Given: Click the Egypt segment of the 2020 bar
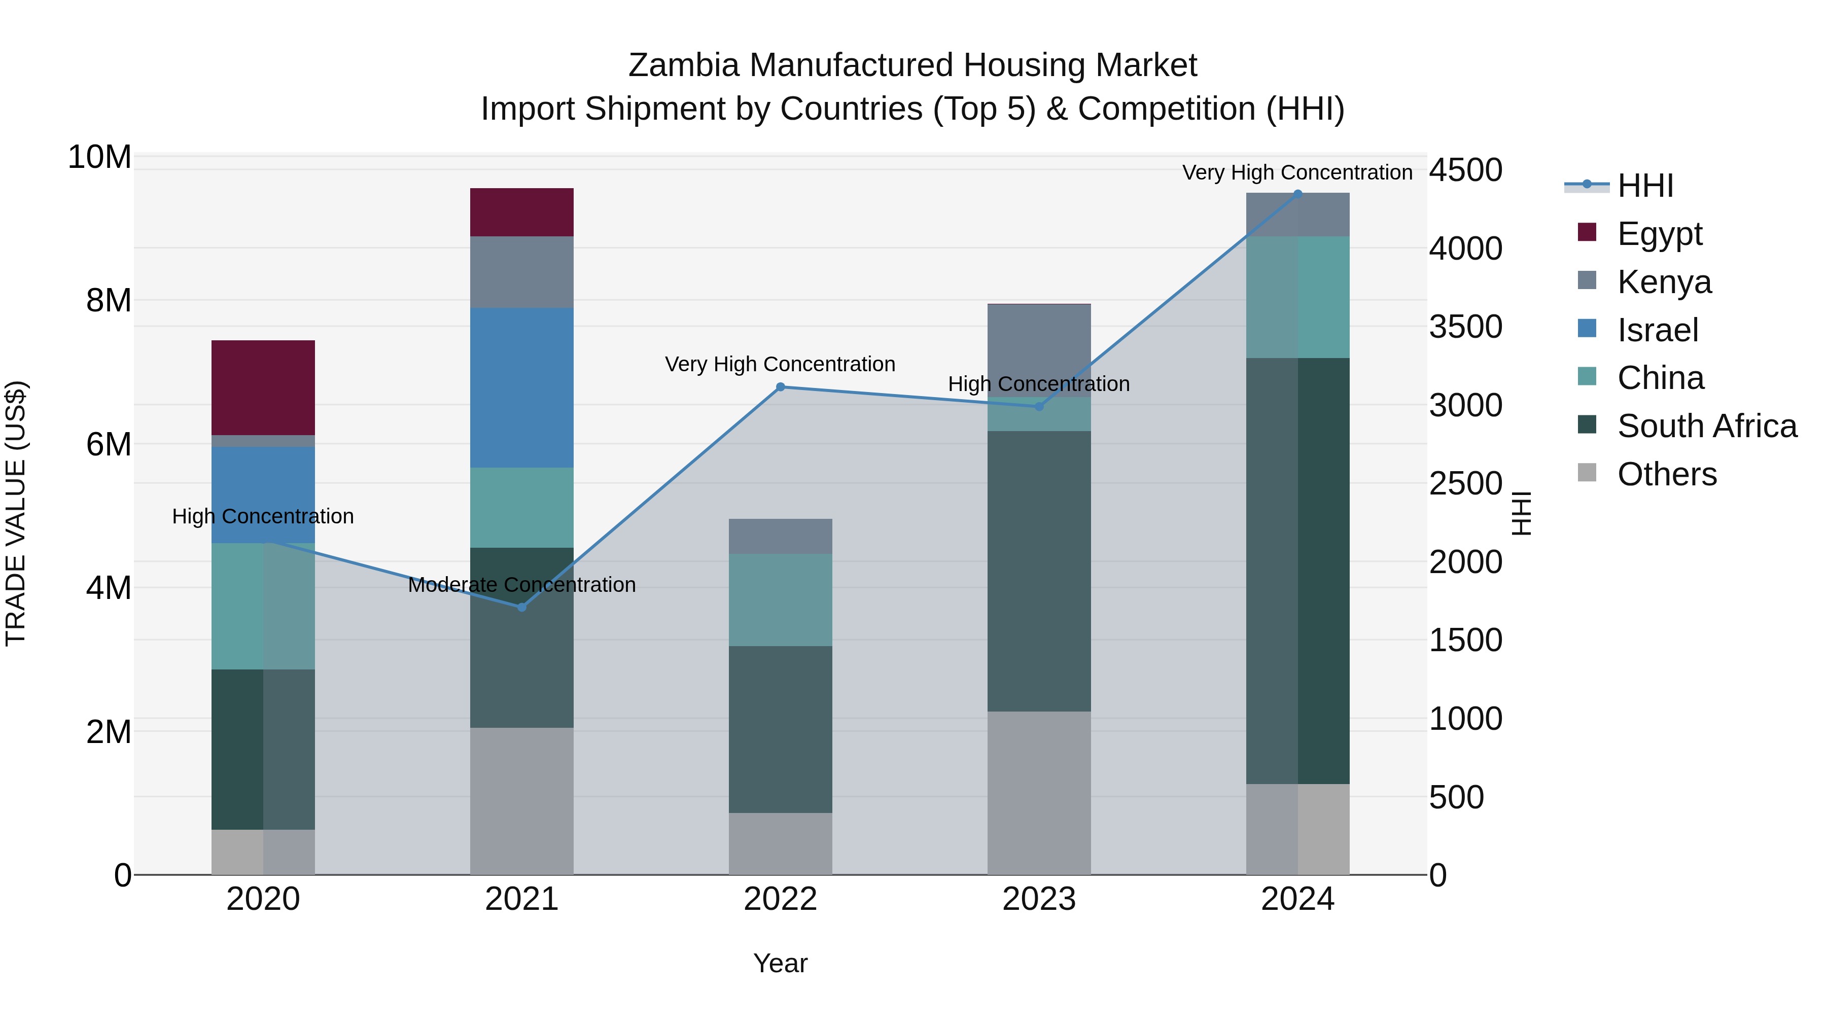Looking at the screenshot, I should tap(263, 387).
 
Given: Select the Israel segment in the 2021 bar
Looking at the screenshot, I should tap(522, 387).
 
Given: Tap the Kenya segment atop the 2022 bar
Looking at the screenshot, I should tap(781, 536).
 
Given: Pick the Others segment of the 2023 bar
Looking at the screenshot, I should tap(1039, 792).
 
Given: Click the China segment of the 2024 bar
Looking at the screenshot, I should tap(1298, 297).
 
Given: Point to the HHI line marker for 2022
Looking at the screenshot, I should tap(781, 387).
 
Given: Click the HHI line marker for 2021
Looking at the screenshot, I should tap(522, 607).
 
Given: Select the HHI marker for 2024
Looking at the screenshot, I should tap(1298, 194).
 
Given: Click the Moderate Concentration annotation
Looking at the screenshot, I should tap(522, 585).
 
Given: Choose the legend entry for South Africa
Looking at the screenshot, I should tap(1707, 426).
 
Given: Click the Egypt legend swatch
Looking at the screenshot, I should tap(1587, 232).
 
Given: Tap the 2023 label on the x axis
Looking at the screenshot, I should tap(1039, 899).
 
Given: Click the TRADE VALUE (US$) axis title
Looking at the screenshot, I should tap(16, 513).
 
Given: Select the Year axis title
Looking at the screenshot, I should tap(781, 963).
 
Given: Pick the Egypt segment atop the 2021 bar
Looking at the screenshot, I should tap(522, 212).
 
